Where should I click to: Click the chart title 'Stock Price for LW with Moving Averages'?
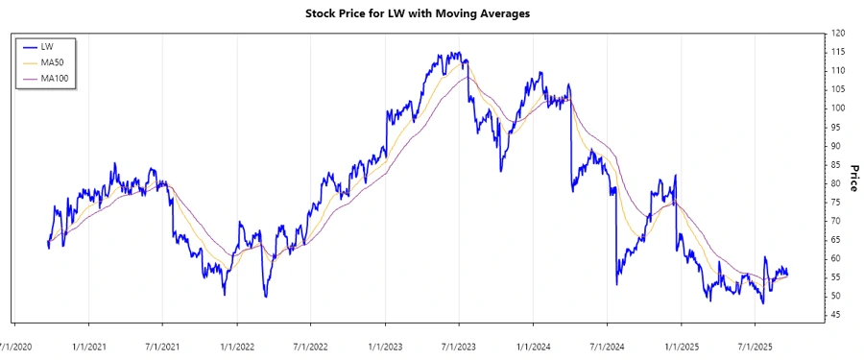pyautogui.click(x=431, y=13)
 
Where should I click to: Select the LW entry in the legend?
pyautogui.click(x=47, y=46)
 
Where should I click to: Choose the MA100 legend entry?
pyautogui.click(x=54, y=79)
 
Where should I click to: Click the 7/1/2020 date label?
pyautogui.click(x=15, y=343)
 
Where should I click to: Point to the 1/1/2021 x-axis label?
pyautogui.click(x=89, y=343)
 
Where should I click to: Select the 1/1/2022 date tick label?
pyautogui.click(x=237, y=343)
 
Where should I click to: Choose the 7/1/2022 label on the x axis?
pyautogui.click(x=310, y=343)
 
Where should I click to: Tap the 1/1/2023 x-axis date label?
pyautogui.click(x=385, y=343)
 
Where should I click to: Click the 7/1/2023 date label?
pyautogui.click(x=458, y=343)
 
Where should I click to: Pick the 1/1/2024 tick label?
pyautogui.click(x=532, y=343)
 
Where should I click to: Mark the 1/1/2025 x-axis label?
pyautogui.click(x=681, y=343)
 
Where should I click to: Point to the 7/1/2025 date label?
pyautogui.click(x=754, y=343)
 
